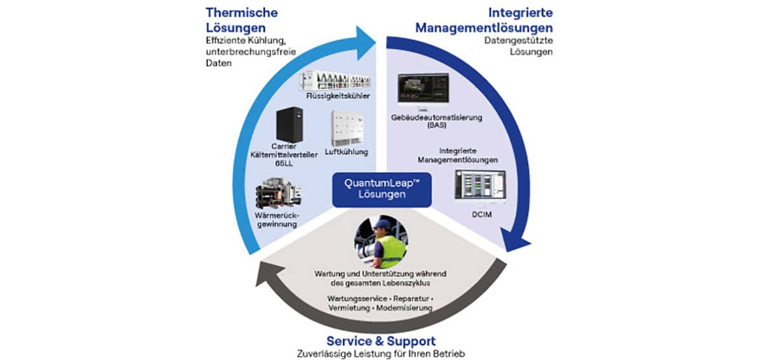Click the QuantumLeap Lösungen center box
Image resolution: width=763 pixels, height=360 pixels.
tap(381, 189)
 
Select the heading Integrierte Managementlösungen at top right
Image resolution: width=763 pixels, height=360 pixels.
tap(485, 20)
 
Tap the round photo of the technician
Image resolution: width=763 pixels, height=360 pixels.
tap(381, 242)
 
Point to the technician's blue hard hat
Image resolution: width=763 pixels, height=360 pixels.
tap(381, 223)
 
